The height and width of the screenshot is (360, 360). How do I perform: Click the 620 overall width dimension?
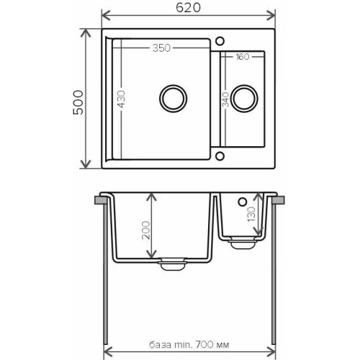point(188,8)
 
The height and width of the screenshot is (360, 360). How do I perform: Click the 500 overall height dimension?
point(78,102)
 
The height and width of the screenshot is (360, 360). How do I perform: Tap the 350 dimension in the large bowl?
point(161,48)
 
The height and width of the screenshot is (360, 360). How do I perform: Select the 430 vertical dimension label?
point(122,99)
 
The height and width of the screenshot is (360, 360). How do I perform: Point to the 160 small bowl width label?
point(243,57)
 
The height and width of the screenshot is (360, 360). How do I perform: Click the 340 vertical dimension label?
point(225,99)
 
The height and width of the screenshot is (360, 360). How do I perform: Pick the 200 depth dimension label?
point(145,230)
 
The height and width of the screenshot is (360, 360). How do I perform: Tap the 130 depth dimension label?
point(251,215)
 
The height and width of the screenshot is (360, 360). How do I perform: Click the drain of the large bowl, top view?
point(173,98)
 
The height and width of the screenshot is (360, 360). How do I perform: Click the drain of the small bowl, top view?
point(244,99)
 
